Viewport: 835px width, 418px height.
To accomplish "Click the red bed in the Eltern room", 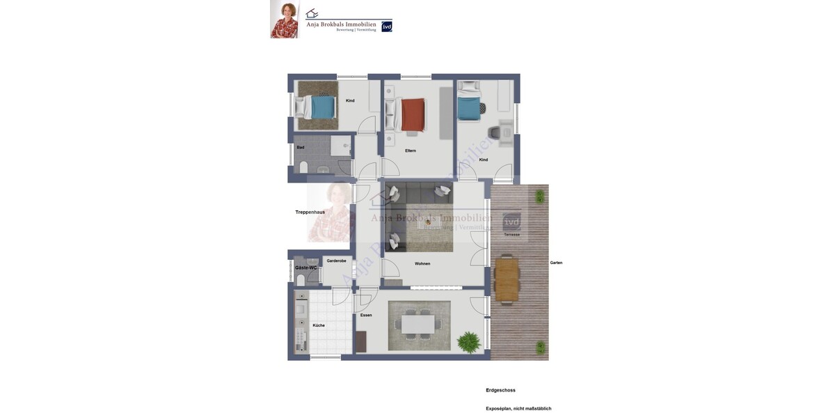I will pyautogui.click(x=412, y=115).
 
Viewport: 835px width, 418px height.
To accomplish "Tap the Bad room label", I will pyautogui.click(x=301, y=148).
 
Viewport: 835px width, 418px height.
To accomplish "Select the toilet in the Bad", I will pyautogui.click(x=303, y=167).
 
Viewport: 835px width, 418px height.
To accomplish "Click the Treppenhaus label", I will pyautogui.click(x=310, y=212).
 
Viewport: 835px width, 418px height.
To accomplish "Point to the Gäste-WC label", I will pyautogui.click(x=305, y=268).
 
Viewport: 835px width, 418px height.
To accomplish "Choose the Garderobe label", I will pyautogui.click(x=336, y=261).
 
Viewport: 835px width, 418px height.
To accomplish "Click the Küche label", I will pyautogui.click(x=319, y=325).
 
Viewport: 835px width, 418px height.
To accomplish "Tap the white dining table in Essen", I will pyautogui.click(x=417, y=324).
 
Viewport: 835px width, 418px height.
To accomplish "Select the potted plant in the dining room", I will pyautogui.click(x=469, y=342).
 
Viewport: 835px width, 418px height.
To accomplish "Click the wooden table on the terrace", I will pyautogui.click(x=507, y=279).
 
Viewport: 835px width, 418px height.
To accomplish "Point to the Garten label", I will pyautogui.click(x=556, y=263).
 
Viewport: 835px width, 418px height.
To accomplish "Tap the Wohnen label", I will pyautogui.click(x=422, y=263).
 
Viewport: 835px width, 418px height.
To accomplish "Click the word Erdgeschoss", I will pyautogui.click(x=500, y=390).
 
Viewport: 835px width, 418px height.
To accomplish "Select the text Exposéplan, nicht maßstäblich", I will pyautogui.click(x=518, y=408).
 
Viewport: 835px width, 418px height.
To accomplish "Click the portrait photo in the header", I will pyautogui.click(x=285, y=19).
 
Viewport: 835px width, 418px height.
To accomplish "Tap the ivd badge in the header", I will pyautogui.click(x=387, y=26).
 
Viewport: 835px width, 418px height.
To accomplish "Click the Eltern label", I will pyautogui.click(x=411, y=150).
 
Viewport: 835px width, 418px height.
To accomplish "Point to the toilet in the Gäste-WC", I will pyautogui.click(x=301, y=279).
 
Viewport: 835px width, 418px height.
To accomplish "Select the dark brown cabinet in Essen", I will pyautogui.click(x=360, y=341).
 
